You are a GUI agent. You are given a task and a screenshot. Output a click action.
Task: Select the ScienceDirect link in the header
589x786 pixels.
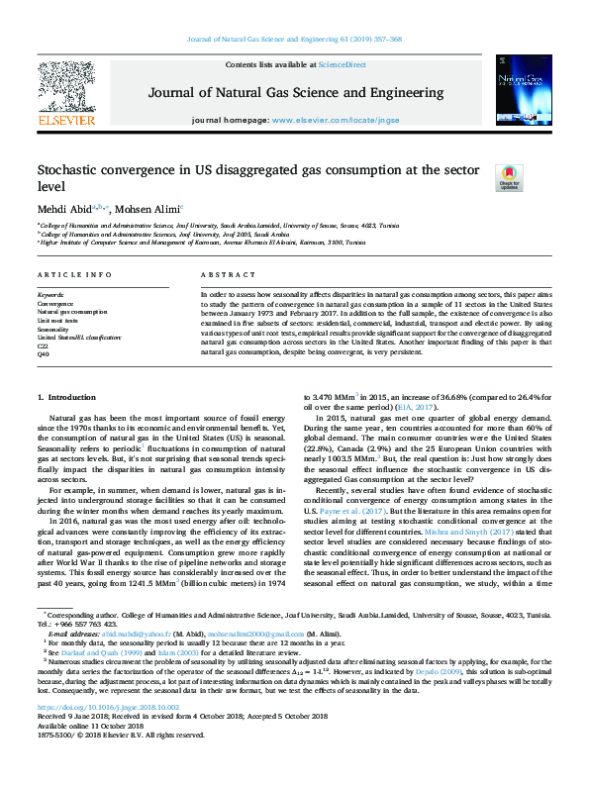pyautogui.click(x=343, y=63)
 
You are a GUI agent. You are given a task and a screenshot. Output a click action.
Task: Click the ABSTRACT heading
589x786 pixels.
pyautogui.click(x=223, y=273)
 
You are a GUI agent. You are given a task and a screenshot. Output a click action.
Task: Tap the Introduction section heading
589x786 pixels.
pyautogui.click(x=67, y=397)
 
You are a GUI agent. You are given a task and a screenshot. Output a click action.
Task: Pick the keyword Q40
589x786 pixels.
pyautogui.click(x=43, y=353)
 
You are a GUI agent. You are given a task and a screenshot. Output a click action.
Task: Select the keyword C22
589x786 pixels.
pyautogui.click(x=43, y=345)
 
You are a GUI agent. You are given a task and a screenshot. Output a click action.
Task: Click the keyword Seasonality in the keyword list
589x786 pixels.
pyautogui.click(x=51, y=329)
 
